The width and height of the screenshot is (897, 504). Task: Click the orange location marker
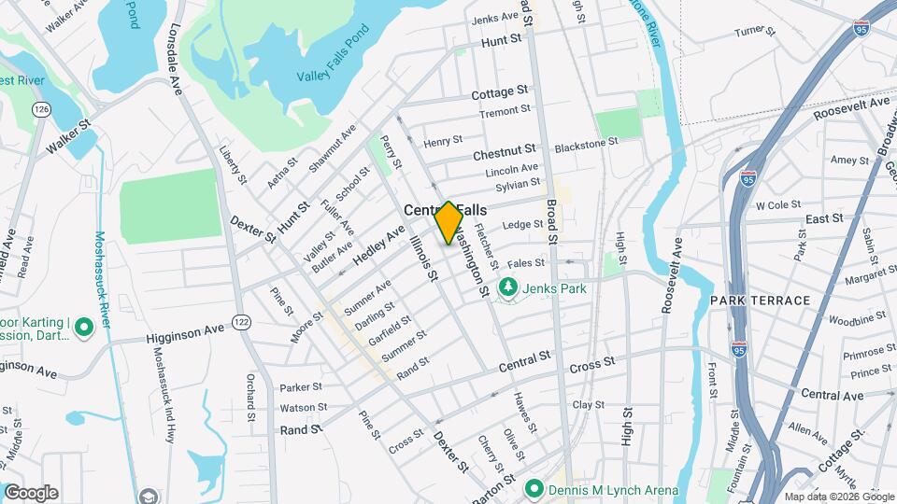[448, 223]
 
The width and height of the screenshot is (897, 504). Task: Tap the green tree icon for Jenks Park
[508, 288]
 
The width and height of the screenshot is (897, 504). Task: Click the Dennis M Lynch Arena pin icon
[534, 487]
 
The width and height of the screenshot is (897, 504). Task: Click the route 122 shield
[241, 322]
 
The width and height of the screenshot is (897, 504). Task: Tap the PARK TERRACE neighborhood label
[759, 301]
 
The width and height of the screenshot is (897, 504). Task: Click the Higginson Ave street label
[186, 331]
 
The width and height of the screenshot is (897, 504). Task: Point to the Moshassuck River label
[103, 280]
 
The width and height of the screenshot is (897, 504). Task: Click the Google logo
[31, 493]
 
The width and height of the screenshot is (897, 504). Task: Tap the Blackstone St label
[586, 145]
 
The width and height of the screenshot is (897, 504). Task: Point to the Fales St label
[526, 263]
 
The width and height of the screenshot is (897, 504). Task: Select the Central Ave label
[832, 395]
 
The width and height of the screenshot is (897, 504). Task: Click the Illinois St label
[423, 259]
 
